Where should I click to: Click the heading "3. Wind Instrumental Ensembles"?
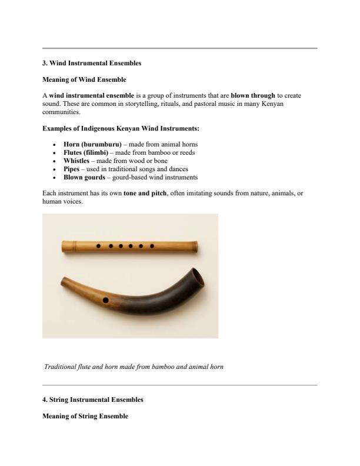tap(92, 63)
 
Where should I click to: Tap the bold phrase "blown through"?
tap(253, 95)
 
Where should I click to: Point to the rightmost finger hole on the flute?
tap(152, 245)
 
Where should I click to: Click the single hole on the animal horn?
tap(105, 300)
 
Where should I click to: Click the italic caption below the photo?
tap(134, 367)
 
